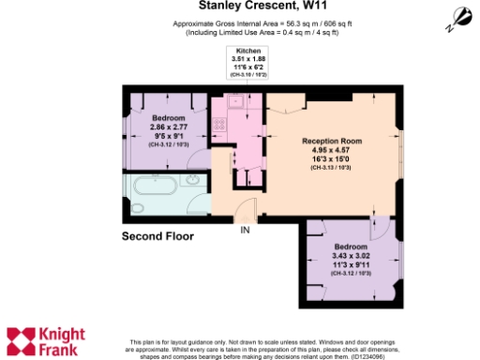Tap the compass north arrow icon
tap(461, 16)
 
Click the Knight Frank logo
tap(46, 341)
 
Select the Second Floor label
tap(158, 236)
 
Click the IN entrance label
tap(246, 230)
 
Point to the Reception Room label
tap(331, 141)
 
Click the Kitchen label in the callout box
tap(242, 52)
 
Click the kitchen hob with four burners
tap(221, 123)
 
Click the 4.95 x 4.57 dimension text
tap(331, 150)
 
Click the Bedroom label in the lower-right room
tap(351, 247)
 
